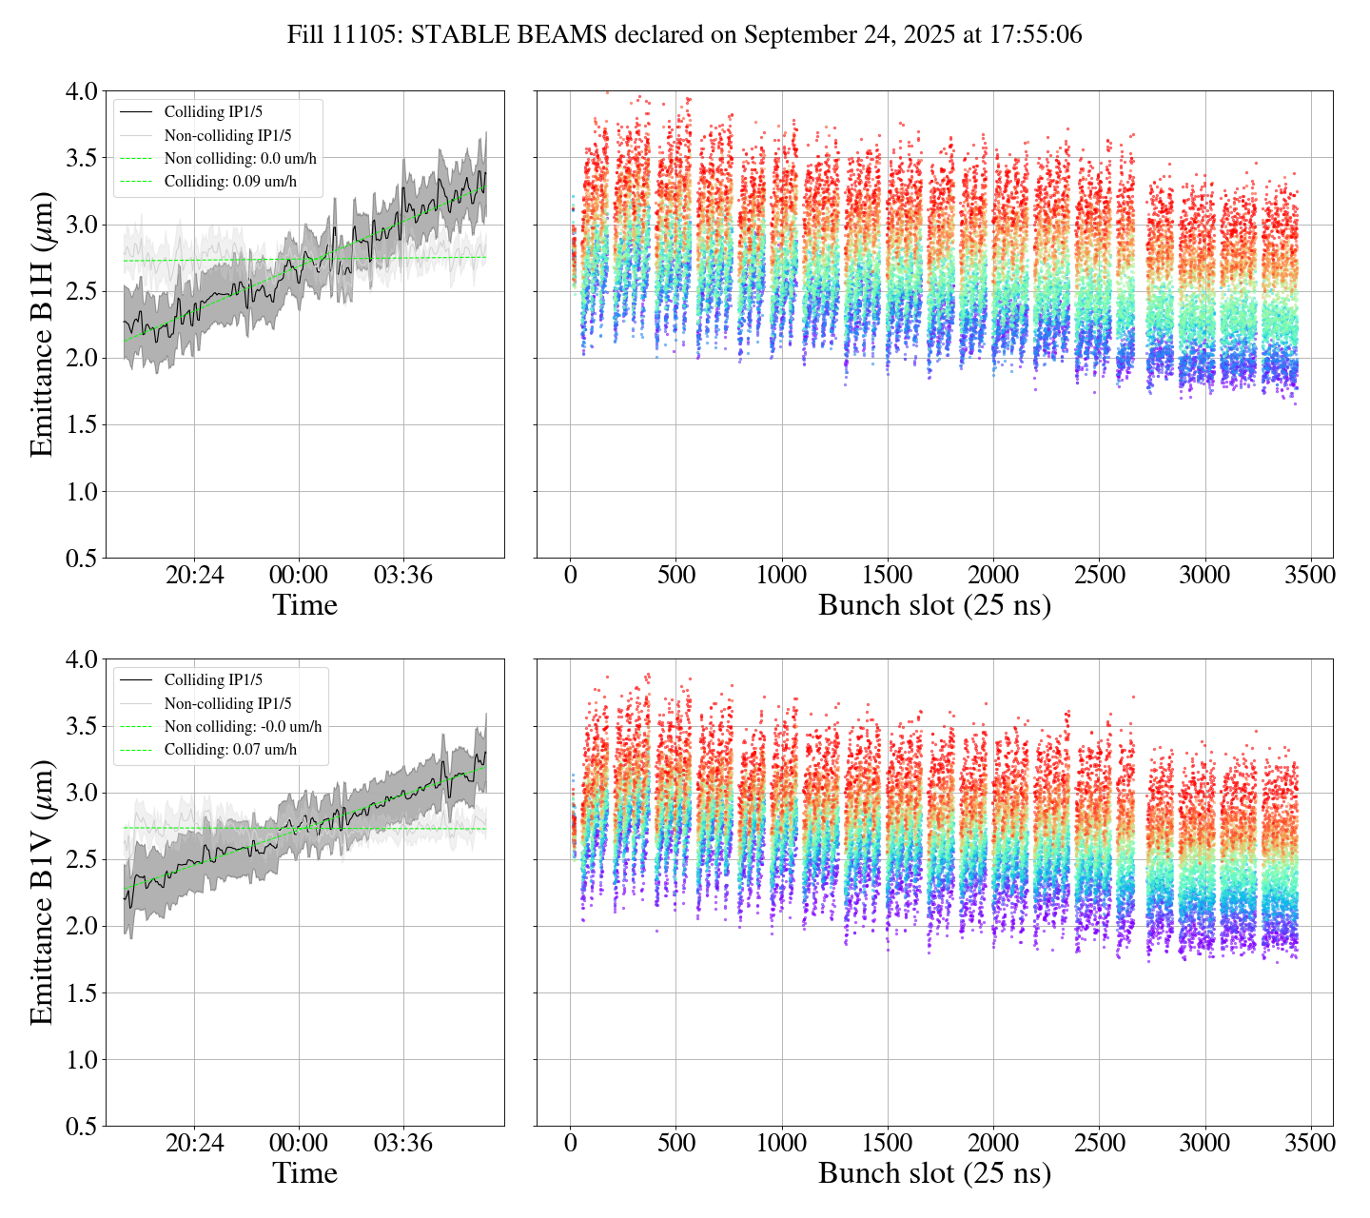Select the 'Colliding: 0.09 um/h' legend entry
click(230, 182)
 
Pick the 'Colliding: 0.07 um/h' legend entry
click(230, 750)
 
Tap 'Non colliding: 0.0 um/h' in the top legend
click(240, 159)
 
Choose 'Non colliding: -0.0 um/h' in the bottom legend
click(243, 727)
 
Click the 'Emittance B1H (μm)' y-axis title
click(42, 324)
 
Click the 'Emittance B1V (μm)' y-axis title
click(42, 893)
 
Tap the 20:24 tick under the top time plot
click(195, 576)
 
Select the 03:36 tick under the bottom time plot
click(403, 1144)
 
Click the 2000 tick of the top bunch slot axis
click(993, 576)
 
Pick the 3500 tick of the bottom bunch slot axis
click(1310, 1144)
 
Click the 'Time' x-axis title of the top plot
click(304, 606)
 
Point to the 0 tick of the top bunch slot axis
click(570, 576)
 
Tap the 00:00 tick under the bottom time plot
click(299, 1144)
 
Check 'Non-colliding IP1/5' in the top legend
click(227, 136)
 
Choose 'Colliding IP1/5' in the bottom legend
click(213, 680)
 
